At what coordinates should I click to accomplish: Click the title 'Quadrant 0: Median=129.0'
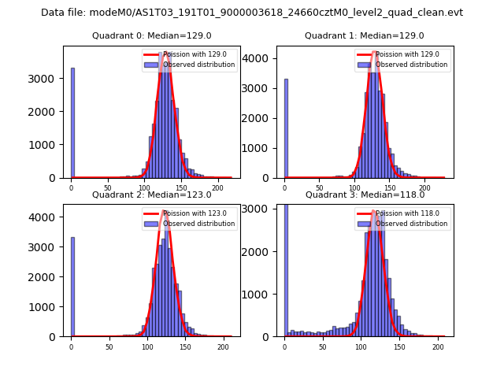click(152, 35)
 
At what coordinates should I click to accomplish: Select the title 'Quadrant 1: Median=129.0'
click(365, 35)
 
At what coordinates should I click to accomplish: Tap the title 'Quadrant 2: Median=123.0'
click(152, 195)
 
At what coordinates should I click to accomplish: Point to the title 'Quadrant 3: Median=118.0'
click(365, 195)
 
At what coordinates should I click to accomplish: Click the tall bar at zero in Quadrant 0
click(72, 126)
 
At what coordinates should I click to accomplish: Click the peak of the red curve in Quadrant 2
click(164, 211)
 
